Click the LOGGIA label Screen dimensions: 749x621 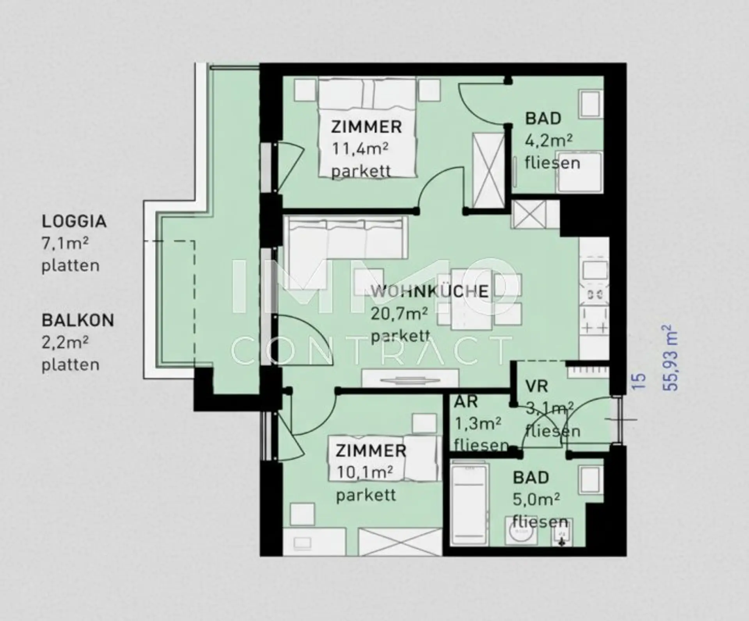pyautogui.click(x=74, y=221)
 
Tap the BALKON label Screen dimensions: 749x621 pyautogui.click(x=78, y=320)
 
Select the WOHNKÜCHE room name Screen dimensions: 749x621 pyautogui.click(x=430, y=292)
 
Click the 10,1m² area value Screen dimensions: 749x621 pyautogui.click(x=365, y=473)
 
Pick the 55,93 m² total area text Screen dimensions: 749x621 pyautogui.click(x=670, y=357)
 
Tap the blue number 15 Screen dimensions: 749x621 pyautogui.click(x=638, y=381)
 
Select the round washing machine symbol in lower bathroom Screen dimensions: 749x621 pyautogui.click(x=521, y=531)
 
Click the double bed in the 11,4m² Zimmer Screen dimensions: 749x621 pyautogui.click(x=367, y=128)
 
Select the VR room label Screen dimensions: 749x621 pyautogui.click(x=536, y=386)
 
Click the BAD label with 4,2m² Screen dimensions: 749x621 pyautogui.click(x=543, y=119)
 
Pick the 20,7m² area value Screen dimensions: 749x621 pyautogui.click(x=399, y=313)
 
